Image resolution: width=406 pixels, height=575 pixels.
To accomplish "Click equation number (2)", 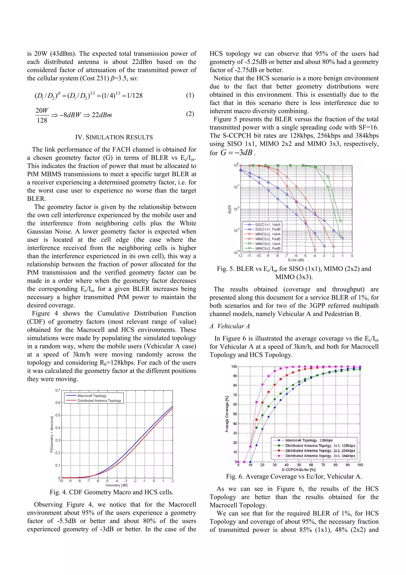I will pos(190,114).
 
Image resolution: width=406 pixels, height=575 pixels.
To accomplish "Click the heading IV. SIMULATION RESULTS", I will pos(114,137).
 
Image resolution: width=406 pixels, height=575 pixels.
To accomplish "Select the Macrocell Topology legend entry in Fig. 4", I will pos(92,396).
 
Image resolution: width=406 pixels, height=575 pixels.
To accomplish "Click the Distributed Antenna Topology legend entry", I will pos(99,401).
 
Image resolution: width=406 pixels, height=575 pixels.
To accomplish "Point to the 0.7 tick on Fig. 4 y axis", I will pos(58,390).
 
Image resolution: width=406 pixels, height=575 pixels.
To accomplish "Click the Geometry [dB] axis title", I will pos(117,485).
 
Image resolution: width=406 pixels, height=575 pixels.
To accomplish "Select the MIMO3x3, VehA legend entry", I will pos(267,244).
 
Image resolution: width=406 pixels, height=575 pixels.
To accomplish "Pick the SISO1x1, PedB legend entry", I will pos(267,229).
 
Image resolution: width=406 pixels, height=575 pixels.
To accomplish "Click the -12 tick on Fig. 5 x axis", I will pos(240,256).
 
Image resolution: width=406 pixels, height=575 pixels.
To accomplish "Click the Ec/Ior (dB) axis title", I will pos(296,260).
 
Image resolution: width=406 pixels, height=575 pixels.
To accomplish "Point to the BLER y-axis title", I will pos(230,209).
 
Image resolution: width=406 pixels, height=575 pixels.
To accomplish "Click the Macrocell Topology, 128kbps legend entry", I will pos(309,440).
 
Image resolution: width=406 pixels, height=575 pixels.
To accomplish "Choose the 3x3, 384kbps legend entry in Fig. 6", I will pos(320,456).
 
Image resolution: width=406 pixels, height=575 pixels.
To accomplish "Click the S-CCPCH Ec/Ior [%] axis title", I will pos(298,470).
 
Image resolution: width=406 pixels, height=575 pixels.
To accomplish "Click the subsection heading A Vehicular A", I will pos(230,326).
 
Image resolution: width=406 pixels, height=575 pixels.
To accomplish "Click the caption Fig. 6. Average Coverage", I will pos(294,476).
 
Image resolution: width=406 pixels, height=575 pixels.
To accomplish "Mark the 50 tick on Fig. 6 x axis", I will pos(299,465).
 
